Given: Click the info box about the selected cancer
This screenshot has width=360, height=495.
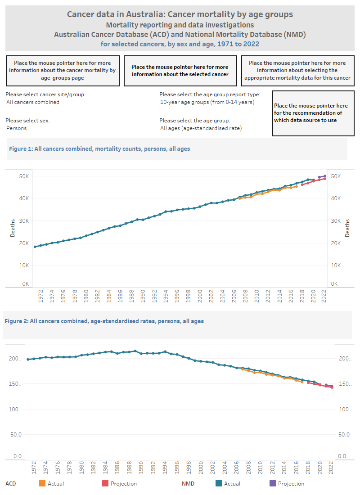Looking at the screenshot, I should (x=180, y=71).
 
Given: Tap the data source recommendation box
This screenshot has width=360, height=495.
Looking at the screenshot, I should (x=311, y=113).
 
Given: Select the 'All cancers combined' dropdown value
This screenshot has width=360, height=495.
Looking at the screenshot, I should (x=33, y=102).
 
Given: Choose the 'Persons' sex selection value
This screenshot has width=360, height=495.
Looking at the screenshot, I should (x=17, y=128).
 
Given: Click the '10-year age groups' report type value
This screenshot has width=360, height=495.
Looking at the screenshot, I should (x=207, y=102).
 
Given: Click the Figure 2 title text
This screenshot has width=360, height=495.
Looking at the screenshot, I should (x=104, y=321).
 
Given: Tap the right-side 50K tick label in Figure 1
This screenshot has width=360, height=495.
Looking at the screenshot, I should (x=338, y=176).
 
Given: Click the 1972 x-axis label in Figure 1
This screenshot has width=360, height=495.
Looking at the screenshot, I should (x=41, y=297).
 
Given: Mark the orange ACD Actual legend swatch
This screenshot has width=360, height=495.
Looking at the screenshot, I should (x=42, y=484).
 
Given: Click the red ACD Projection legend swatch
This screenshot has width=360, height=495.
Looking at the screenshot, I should (x=105, y=484).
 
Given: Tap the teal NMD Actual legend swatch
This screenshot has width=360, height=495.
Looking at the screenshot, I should (x=219, y=484).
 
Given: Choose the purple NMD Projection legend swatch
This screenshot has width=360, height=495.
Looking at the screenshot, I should (x=273, y=484).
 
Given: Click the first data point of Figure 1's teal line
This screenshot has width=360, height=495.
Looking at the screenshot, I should (x=35, y=247).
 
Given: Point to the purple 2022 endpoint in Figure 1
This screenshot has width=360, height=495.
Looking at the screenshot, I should (x=325, y=176).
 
